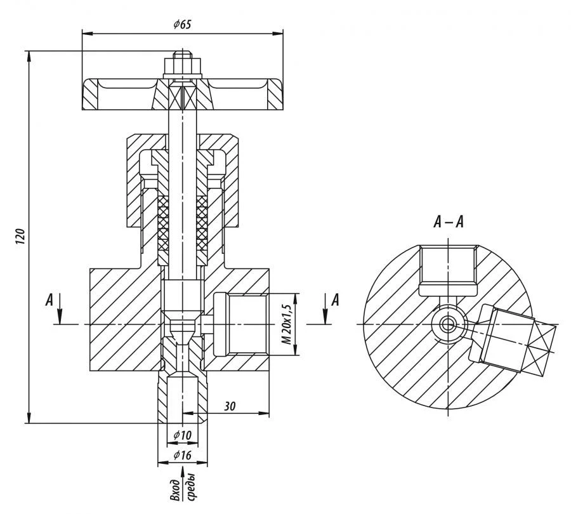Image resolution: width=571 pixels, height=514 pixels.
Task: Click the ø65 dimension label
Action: coord(182,24)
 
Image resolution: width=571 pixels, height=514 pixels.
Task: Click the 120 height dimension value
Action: coord(20,236)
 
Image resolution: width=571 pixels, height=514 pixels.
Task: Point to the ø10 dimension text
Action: coord(182,434)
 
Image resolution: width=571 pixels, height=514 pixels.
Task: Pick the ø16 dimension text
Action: coord(182,455)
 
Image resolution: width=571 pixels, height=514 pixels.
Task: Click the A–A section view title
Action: coord(448,222)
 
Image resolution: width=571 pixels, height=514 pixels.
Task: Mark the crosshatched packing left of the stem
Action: coord(162,222)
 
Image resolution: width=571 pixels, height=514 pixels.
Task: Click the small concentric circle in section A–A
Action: coord(449,324)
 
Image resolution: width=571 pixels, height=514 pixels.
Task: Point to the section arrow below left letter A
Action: coord(59,308)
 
